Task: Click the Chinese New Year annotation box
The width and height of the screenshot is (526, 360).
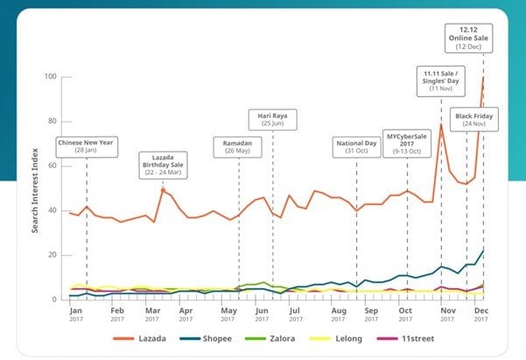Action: [x=86, y=145]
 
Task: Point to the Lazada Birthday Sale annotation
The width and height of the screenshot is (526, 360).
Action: [x=163, y=165]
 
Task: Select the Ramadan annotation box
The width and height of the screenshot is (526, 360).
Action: [x=239, y=145]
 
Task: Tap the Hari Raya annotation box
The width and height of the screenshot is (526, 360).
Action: [x=272, y=118]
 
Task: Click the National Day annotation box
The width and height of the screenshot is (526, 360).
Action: [x=356, y=145]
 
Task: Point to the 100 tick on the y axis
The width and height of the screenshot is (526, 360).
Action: [x=51, y=77]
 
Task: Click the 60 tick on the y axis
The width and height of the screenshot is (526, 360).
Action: [x=53, y=166]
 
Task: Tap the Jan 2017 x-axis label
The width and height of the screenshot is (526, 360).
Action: [x=76, y=314]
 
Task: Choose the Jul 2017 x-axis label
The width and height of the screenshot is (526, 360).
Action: [x=294, y=314]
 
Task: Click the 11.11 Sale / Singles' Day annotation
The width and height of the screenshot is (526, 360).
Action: [x=441, y=81]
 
